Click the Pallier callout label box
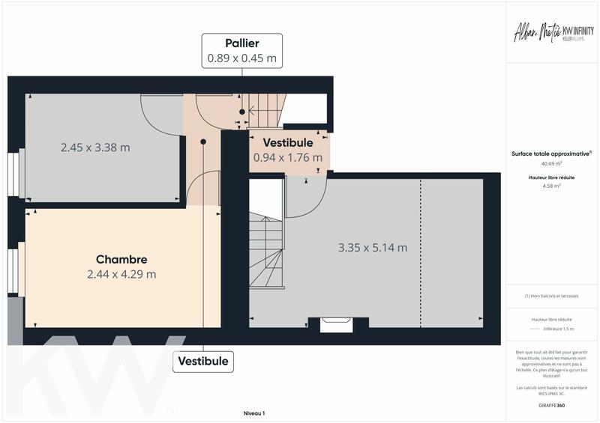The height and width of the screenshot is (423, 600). (x=241, y=50)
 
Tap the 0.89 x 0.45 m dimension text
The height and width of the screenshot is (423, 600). (x=241, y=58)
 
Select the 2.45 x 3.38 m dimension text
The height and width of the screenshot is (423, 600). (x=95, y=147)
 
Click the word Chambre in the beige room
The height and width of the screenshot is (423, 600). (x=121, y=260)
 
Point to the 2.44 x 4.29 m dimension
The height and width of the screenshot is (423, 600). (x=121, y=274)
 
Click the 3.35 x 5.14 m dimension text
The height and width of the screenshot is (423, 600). (x=373, y=248)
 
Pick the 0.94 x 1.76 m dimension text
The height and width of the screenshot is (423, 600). (x=288, y=157)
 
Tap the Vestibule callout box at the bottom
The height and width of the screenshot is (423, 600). (x=203, y=362)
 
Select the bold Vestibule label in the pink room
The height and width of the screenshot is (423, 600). (x=288, y=143)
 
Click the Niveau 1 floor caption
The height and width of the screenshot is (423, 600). (x=254, y=413)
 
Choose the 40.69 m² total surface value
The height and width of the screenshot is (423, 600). (x=551, y=163)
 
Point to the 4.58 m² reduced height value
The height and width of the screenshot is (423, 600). (x=551, y=186)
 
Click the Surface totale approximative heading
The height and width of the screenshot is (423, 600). (x=551, y=153)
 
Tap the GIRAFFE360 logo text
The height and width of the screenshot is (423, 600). (x=551, y=404)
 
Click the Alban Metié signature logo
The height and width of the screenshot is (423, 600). (x=534, y=34)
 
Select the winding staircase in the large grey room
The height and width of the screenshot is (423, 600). (x=266, y=251)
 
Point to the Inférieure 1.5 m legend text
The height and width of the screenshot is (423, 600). (x=557, y=329)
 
